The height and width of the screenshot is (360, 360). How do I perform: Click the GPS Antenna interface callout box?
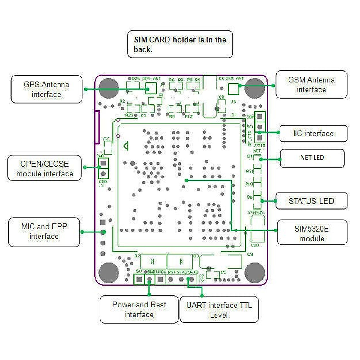[46, 89]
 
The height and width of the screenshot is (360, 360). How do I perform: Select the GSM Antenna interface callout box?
[311, 85]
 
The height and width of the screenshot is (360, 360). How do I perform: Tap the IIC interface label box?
[313, 133]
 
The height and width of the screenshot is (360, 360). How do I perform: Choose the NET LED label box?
[312, 158]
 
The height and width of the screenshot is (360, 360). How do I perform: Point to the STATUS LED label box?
[311, 201]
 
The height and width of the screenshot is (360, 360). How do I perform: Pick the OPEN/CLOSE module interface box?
[44, 168]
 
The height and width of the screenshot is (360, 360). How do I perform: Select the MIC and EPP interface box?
[44, 232]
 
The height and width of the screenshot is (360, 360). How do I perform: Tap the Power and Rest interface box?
[139, 309]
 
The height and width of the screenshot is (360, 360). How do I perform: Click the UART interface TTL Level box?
[219, 310]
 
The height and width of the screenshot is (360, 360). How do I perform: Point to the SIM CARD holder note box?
[180, 44]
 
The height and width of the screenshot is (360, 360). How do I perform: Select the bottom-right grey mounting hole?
[255, 272]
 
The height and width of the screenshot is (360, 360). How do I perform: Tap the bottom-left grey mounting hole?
[109, 273]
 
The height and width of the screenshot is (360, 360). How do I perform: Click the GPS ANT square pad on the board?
[151, 88]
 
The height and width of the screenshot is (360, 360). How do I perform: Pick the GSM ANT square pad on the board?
[234, 89]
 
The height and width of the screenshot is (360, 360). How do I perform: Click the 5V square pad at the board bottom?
[139, 280]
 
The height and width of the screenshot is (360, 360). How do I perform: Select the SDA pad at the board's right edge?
[260, 116]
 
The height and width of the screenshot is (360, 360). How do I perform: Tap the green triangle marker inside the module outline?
[126, 146]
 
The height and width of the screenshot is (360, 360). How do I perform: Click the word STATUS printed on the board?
[256, 212]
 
